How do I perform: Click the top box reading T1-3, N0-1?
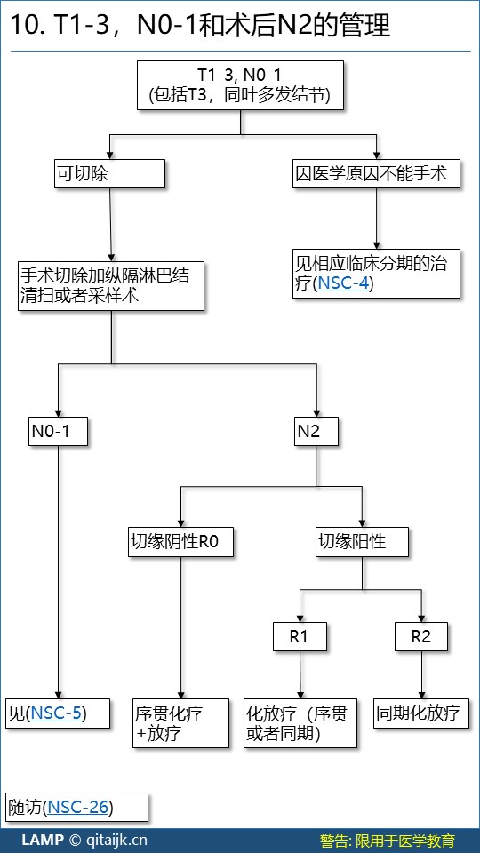click(x=240, y=85)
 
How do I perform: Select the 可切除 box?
click(x=109, y=173)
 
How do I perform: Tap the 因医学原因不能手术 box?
click(x=376, y=173)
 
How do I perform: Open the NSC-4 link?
click(x=343, y=283)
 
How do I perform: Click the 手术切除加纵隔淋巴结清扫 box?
click(x=112, y=285)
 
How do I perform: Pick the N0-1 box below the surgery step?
click(x=58, y=432)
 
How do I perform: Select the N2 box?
click(x=316, y=432)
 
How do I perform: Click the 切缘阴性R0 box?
click(x=181, y=542)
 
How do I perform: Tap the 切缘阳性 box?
click(x=362, y=542)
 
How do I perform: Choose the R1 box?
click(x=300, y=636)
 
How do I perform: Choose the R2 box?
click(x=421, y=636)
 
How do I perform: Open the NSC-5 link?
click(x=57, y=713)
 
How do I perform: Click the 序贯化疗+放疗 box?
click(x=181, y=723)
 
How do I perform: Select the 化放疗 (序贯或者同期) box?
click(x=300, y=723)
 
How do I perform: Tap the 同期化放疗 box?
click(x=421, y=713)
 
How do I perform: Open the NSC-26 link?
click(x=78, y=807)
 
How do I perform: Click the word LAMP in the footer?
click(x=43, y=840)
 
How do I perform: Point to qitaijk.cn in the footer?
click(x=116, y=841)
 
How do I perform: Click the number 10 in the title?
click(x=22, y=25)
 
